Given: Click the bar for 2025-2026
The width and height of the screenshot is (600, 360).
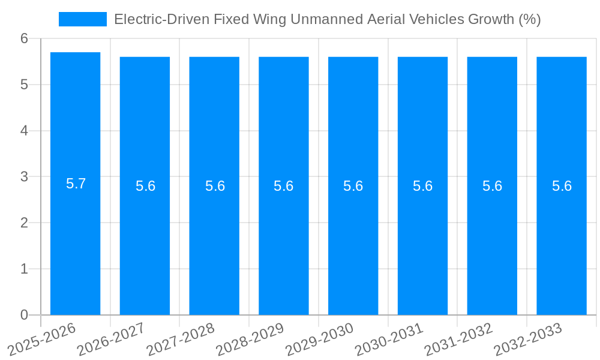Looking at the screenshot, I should click(x=75, y=240).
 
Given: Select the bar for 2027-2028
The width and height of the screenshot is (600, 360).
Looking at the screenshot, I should click(x=214, y=240).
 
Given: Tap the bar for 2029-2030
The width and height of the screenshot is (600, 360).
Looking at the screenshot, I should click(x=353, y=240).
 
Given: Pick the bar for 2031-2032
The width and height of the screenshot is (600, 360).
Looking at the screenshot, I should click(x=492, y=240).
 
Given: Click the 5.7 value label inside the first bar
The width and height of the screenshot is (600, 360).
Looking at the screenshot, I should click(x=76, y=184).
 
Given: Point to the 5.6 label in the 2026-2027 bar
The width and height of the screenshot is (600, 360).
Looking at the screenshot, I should click(x=145, y=186).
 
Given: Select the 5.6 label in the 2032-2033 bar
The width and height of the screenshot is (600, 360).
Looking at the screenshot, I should click(x=562, y=186).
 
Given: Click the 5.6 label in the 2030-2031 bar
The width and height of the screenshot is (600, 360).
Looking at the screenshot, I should click(x=422, y=186).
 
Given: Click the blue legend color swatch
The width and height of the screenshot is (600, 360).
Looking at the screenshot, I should click(x=82, y=19).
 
